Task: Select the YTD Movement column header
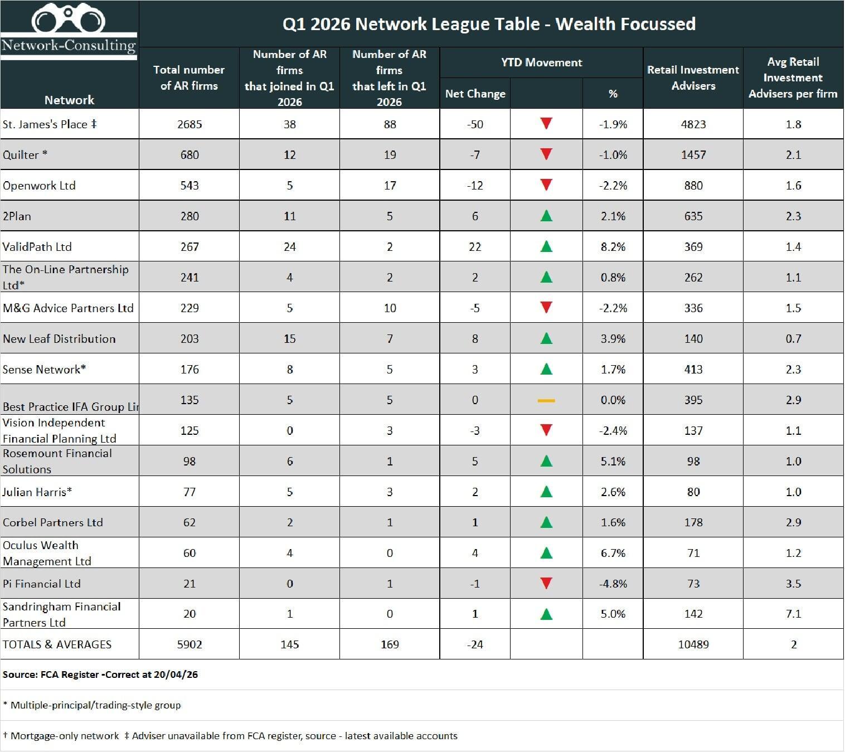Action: (x=541, y=62)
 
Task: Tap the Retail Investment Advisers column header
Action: (x=693, y=77)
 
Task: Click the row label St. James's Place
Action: (x=50, y=124)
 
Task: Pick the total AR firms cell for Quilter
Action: (x=190, y=155)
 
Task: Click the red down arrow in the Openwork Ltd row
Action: (x=546, y=185)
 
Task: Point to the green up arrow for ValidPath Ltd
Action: (x=546, y=246)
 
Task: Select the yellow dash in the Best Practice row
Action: (x=546, y=400)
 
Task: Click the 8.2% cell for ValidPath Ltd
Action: (x=612, y=247)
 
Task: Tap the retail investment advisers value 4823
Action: (x=693, y=124)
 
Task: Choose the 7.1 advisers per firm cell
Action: (x=793, y=614)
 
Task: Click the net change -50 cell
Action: (x=475, y=124)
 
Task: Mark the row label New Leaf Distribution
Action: (x=59, y=339)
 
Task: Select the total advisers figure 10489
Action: (x=693, y=644)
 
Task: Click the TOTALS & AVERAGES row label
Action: (x=57, y=644)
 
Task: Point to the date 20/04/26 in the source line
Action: (x=176, y=675)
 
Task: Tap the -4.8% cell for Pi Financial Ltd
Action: (x=612, y=584)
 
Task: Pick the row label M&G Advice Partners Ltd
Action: (x=68, y=308)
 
